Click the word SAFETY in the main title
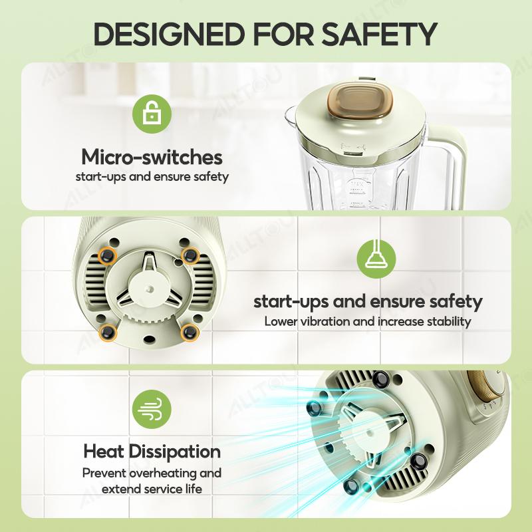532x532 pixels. [379, 34]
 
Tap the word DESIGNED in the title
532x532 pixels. [169, 34]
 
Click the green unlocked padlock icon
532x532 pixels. [152, 114]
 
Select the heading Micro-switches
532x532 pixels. [152, 157]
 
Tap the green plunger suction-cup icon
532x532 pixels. [376, 259]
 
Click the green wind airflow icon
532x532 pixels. [152, 409]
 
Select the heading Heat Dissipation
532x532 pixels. [152, 452]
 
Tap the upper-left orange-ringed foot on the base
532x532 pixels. [108, 255]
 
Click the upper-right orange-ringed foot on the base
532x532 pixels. [190, 255]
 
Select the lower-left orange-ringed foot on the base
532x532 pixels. [108, 332]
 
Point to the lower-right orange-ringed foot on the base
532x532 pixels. [189, 332]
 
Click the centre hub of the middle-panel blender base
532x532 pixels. [149, 289]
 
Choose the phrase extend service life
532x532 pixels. [152, 489]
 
